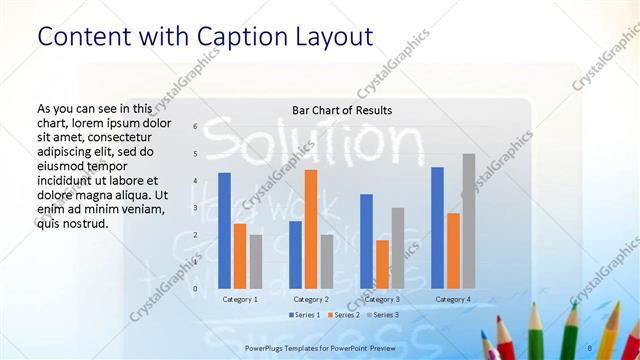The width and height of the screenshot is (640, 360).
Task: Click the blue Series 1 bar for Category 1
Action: coord(225,231)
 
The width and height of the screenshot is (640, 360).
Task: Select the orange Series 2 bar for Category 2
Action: coord(311,229)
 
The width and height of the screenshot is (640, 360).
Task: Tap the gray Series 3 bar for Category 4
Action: coord(468,221)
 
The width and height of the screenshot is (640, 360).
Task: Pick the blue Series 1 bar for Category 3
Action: coord(367,241)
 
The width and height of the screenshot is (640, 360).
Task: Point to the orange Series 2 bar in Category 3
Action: coord(382,264)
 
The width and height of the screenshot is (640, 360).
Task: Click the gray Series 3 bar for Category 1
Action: coord(256,261)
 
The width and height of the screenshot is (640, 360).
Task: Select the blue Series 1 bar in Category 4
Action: coord(437,228)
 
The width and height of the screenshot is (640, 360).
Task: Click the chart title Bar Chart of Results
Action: coord(342,110)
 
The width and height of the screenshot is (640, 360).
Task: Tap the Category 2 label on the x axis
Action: coord(311,299)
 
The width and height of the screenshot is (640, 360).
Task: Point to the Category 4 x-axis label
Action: coord(453,299)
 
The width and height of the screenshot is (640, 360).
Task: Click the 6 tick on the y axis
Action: coord(195,126)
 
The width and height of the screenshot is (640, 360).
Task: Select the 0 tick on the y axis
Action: coord(195,289)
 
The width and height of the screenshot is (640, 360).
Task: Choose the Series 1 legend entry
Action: coord(306,315)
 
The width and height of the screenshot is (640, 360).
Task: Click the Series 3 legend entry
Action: coord(386,315)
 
